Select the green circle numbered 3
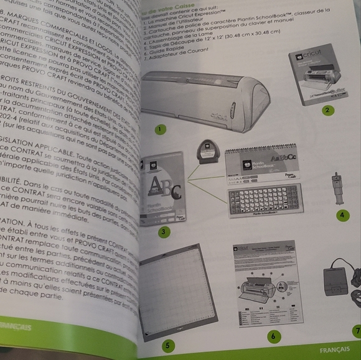[x=164, y=232]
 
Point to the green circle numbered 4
[x=342, y=215]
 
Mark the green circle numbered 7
[x=357, y=330]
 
